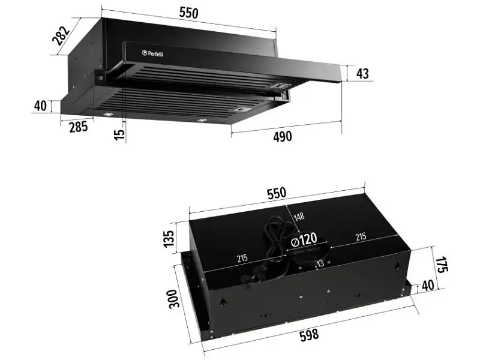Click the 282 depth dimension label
(x=61, y=36)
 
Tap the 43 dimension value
(x=363, y=74)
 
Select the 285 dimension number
(x=78, y=127)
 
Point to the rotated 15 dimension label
(x=119, y=134)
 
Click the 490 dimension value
(x=282, y=137)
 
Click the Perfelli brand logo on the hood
(x=152, y=53)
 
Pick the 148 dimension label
(x=299, y=217)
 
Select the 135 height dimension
(x=169, y=238)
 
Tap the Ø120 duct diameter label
(x=304, y=239)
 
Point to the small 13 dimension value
(x=320, y=263)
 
